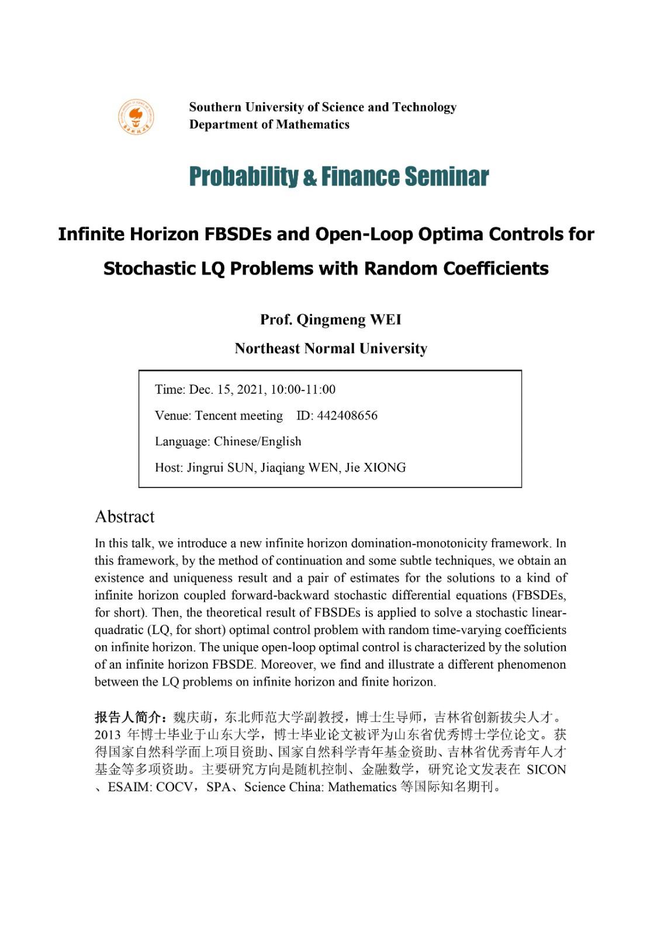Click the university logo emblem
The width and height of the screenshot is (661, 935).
coord(135,116)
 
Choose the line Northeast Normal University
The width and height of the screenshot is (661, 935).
coord(331,348)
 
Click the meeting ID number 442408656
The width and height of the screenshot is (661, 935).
coord(347,415)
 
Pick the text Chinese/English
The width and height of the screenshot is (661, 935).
coord(257,441)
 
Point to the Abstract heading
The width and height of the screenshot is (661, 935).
coord(124,517)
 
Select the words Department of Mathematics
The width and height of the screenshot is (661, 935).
coord(269,124)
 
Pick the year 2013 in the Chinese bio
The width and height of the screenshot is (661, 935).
coord(108,735)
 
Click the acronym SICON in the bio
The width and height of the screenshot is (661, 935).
coord(546,769)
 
